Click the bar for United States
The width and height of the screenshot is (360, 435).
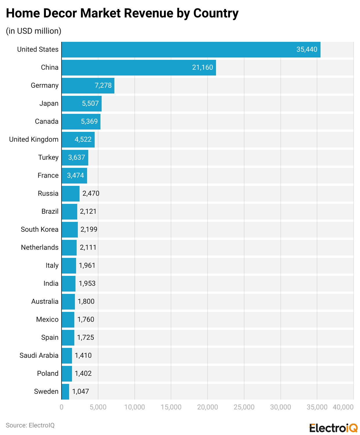(191, 50)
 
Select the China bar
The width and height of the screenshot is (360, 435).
(138, 68)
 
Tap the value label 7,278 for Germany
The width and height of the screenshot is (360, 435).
(103, 85)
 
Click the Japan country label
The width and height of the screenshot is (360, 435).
(49, 103)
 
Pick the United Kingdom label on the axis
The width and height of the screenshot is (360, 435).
(34, 139)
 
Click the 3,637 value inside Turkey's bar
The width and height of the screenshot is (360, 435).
(77, 157)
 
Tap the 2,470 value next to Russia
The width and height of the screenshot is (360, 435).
(91, 193)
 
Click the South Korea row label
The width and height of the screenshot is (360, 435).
(39, 229)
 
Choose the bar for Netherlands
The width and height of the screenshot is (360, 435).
(69, 247)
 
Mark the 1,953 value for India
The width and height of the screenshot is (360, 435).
(87, 283)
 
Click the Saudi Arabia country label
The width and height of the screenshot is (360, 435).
(39, 355)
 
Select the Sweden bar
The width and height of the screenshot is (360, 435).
(65, 391)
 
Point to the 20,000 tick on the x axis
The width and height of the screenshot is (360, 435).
(208, 407)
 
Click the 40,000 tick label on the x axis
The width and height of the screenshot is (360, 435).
(343, 407)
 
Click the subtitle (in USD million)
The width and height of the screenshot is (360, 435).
(34, 31)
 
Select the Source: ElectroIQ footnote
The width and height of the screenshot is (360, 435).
(30, 425)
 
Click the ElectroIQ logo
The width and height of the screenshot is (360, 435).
(333, 428)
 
